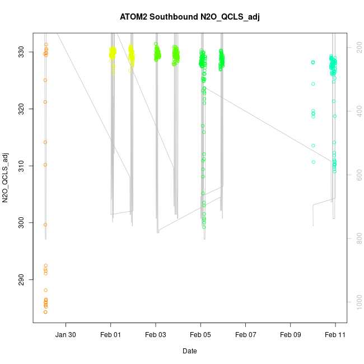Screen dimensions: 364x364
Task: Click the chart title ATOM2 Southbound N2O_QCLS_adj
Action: coord(190,17)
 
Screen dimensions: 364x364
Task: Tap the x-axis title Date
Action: coord(189,351)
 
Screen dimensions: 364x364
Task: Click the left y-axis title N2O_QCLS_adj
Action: coord(6,177)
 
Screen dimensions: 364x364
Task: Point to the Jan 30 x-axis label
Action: coord(66,335)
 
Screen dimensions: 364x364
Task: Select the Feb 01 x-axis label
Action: coord(111,335)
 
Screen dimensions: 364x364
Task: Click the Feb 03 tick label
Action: coord(156,335)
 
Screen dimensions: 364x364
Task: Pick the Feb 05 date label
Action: coord(200,335)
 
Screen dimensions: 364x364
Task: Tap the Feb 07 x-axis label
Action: coord(245,335)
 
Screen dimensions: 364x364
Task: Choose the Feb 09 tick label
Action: coord(291,335)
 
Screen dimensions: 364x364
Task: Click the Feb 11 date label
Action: coord(335,335)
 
